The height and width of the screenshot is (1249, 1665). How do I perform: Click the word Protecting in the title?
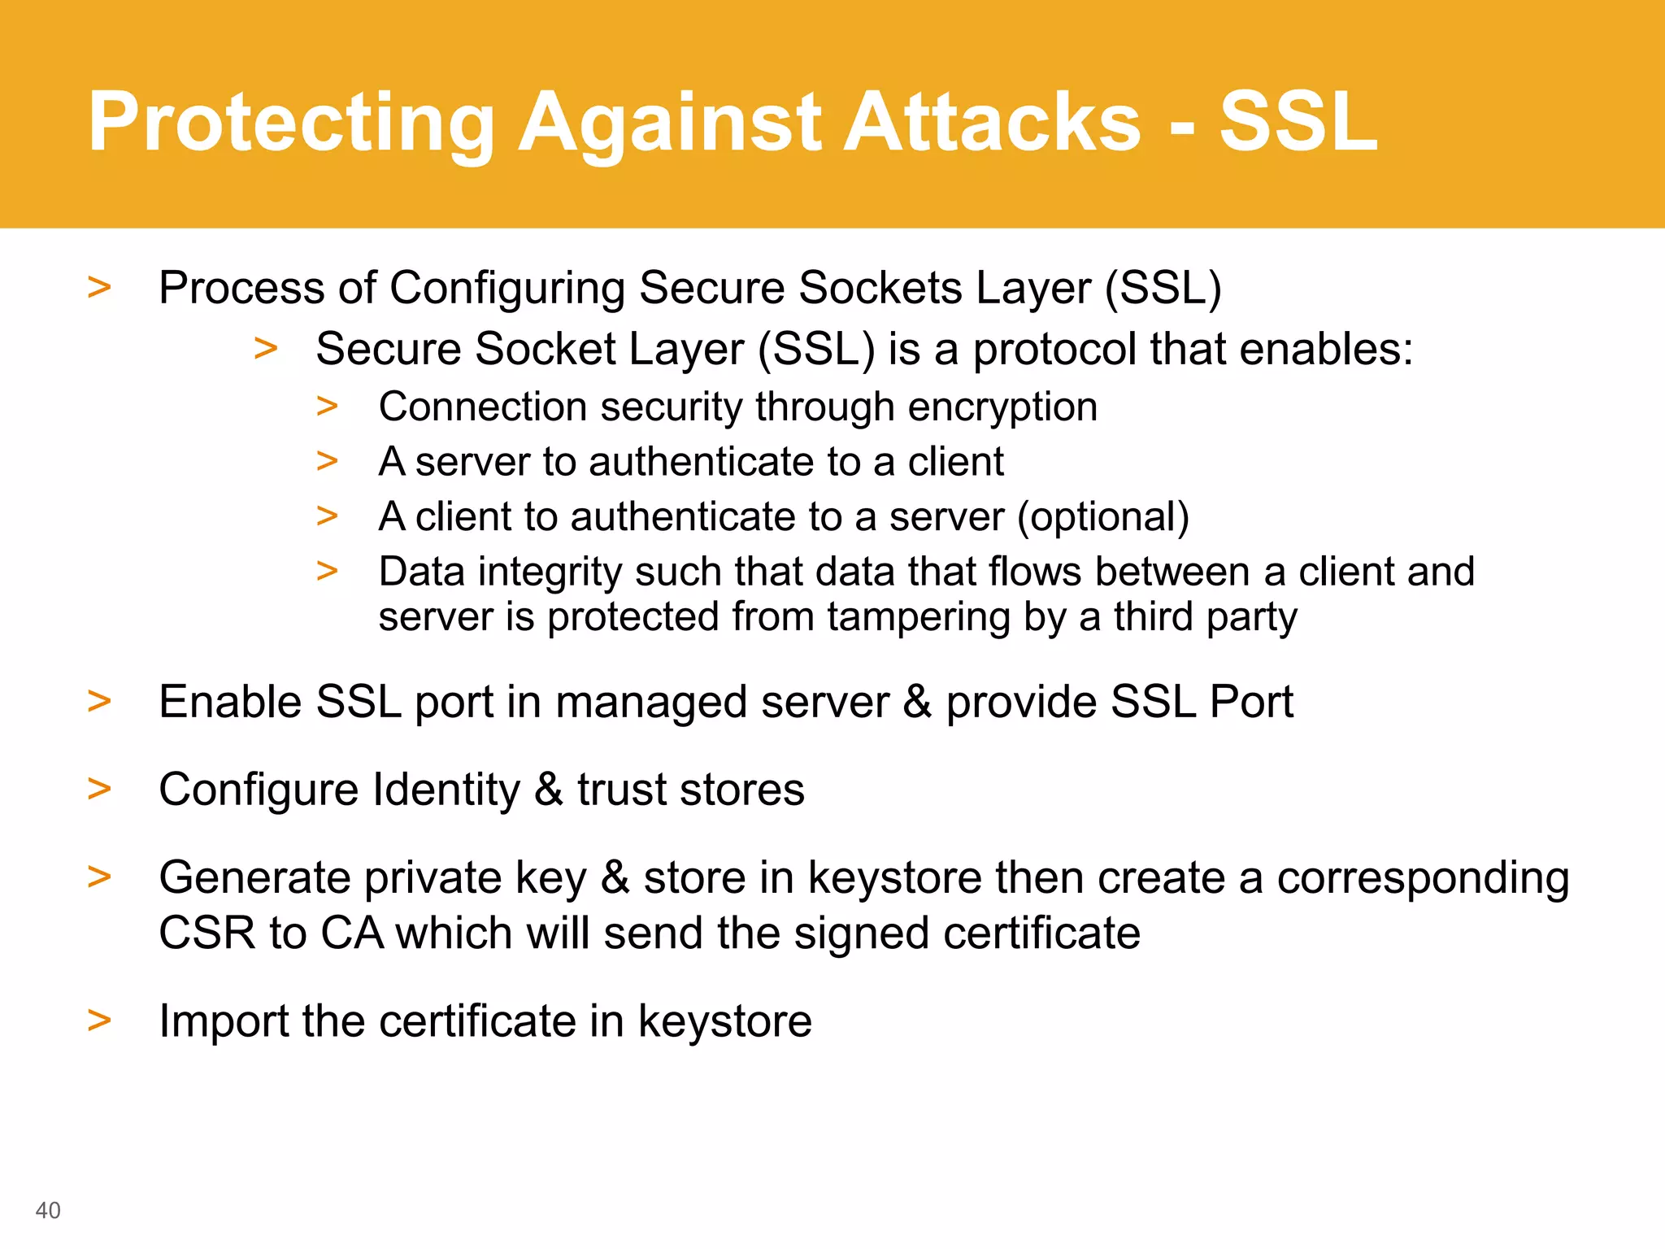click(x=291, y=122)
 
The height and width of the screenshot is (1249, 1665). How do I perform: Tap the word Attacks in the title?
click(x=992, y=122)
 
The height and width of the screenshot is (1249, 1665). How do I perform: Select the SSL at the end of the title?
click(x=1298, y=122)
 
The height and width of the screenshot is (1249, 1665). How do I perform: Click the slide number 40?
click(x=48, y=1210)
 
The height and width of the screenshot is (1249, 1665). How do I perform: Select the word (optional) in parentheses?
click(x=1103, y=517)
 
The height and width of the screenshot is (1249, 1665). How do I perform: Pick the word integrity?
click(x=550, y=572)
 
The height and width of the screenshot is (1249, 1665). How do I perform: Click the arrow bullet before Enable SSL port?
click(x=99, y=701)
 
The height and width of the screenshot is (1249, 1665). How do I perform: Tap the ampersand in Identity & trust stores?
click(x=549, y=790)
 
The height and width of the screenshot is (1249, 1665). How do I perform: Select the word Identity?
click(x=446, y=790)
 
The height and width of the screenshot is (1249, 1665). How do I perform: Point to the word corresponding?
click(x=1422, y=878)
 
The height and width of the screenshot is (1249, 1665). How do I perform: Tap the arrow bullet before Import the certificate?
click(x=99, y=1020)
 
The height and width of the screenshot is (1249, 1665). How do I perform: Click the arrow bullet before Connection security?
click(x=327, y=406)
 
